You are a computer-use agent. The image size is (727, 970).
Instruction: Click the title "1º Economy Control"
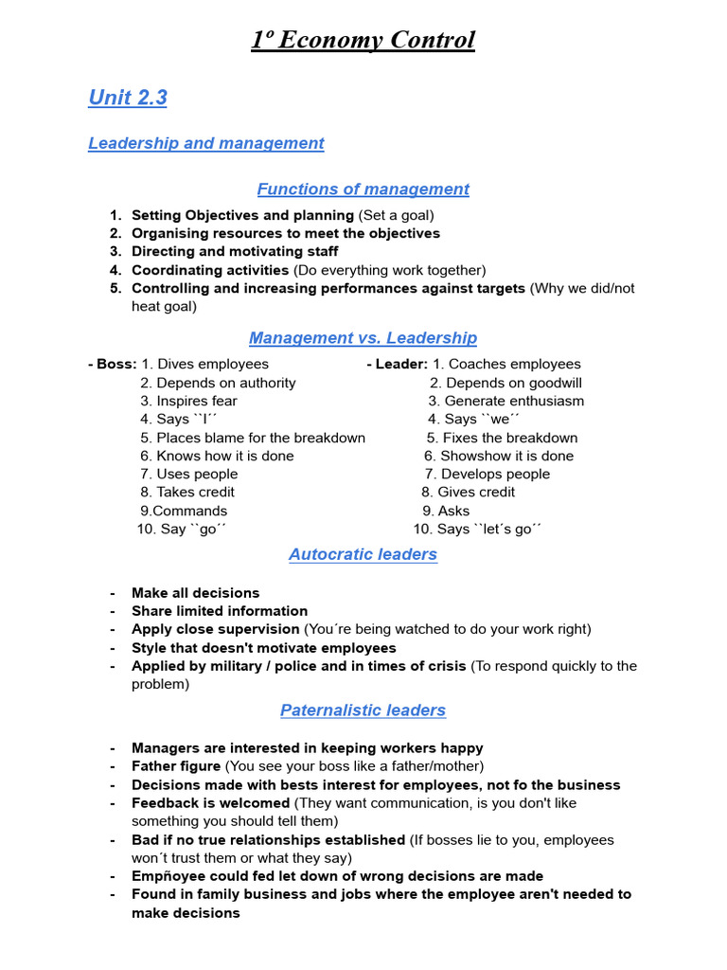[x=363, y=41]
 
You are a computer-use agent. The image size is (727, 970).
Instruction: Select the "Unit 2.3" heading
[x=128, y=98]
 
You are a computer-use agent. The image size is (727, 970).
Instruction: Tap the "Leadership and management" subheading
[x=205, y=143]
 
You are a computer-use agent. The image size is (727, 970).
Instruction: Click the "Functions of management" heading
[x=363, y=189]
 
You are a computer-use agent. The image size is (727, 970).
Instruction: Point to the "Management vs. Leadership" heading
[x=363, y=338]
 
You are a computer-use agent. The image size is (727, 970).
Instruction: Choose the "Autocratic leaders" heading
[x=363, y=555]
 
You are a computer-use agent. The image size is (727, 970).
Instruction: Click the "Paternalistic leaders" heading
[x=363, y=710]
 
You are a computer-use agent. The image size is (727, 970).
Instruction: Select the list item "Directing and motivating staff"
[x=235, y=252]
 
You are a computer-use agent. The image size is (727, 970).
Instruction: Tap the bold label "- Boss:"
[x=113, y=365]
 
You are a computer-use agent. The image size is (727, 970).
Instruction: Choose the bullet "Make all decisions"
[x=195, y=593]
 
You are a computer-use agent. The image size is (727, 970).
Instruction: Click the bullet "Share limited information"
[x=220, y=612]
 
